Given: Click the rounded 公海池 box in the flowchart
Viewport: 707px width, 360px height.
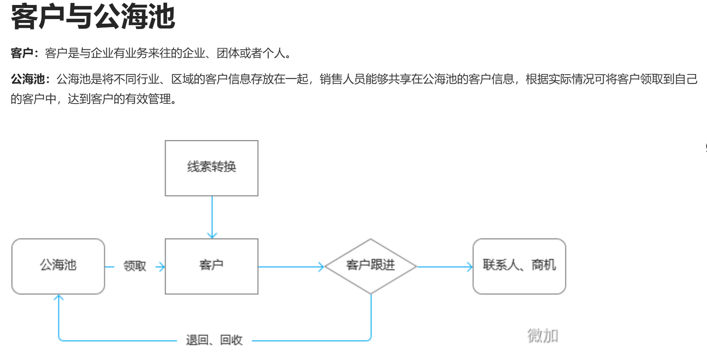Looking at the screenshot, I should pos(58,266).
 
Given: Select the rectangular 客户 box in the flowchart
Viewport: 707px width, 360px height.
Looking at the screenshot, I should pos(211,266).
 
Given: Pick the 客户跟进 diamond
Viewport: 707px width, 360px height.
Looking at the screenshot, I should pos(370,266).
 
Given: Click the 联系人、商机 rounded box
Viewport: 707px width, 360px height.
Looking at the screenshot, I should pos(519,266).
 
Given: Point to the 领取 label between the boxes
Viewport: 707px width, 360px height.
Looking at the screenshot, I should pos(135,266).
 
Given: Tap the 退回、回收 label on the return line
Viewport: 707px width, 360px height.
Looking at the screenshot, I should pos(214,340).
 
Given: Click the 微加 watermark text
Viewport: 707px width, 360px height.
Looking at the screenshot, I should pos(543,336).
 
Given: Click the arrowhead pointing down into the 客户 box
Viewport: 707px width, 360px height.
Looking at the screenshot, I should pos(212,235).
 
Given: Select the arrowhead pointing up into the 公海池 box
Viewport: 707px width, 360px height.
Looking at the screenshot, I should pos(58,298).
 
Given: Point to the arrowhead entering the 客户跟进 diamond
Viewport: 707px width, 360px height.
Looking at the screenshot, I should pos(321,267).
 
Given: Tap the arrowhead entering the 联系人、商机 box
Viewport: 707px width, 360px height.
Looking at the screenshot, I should pos(470,267).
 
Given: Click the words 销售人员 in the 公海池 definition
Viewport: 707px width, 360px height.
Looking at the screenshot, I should pos(342,79).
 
